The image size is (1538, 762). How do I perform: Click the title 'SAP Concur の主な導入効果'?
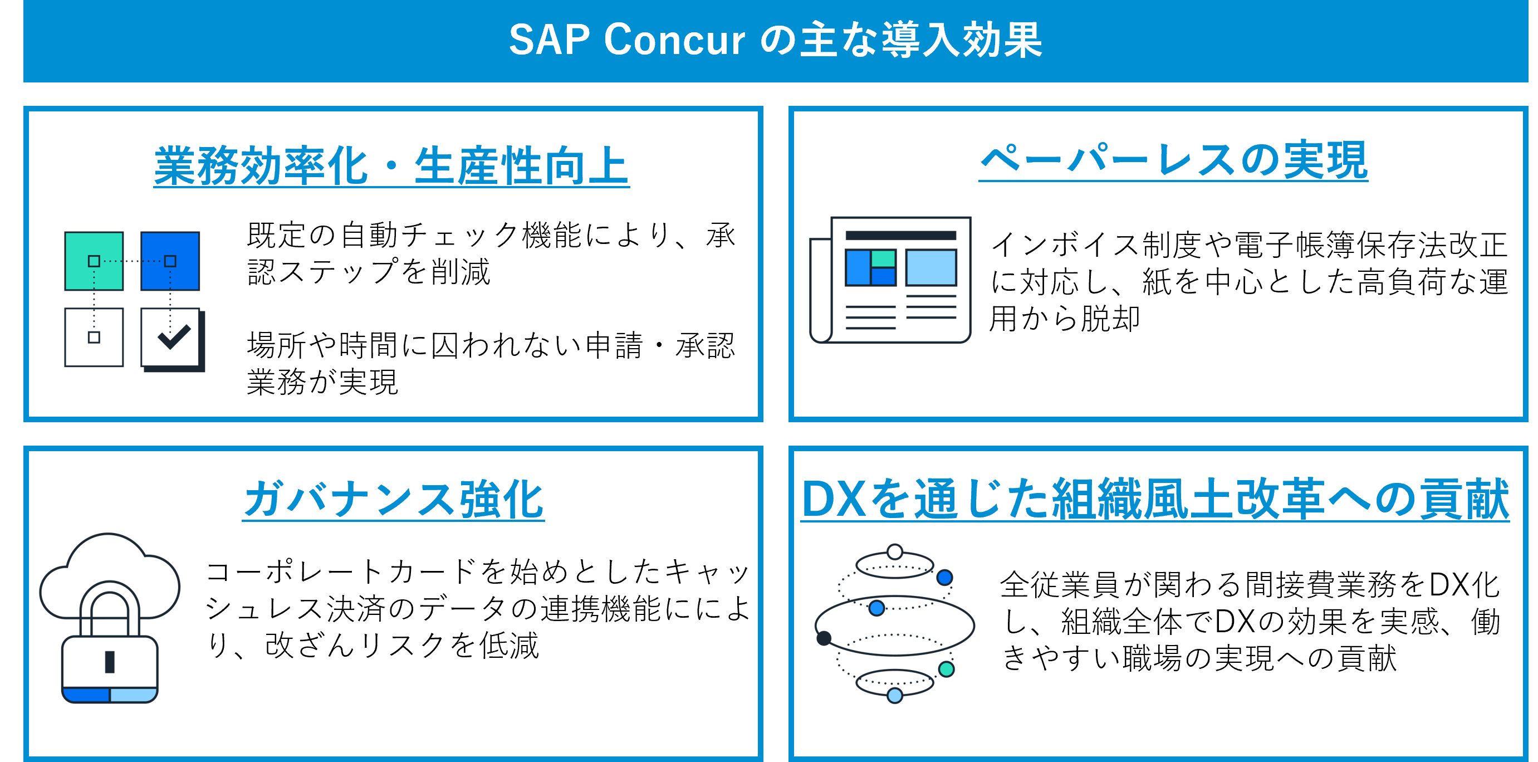(x=775, y=40)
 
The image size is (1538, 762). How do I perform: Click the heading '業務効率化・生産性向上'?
(x=391, y=166)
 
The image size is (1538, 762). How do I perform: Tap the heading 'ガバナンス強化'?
(x=394, y=499)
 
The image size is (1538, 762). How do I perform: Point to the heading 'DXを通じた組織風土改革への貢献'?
(x=1155, y=499)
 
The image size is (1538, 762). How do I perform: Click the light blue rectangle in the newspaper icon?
(x=931, y=267)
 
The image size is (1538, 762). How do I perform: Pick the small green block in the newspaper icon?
(x=883, y=258)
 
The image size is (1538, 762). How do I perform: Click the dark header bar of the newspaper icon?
(x=900, y=236)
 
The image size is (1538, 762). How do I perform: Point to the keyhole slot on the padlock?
(x=110, y=662)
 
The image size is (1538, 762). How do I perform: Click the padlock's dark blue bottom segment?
(x=85, y=695)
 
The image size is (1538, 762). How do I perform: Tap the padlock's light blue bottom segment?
(x=133, y=695)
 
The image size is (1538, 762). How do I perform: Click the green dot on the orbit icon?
(x=946, y=669)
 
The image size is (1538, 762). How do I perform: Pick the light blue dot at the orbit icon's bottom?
(x=894, y=695)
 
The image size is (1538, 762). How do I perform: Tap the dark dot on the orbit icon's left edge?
(x=824, y=638)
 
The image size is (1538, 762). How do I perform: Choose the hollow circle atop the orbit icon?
(x=894, y=551)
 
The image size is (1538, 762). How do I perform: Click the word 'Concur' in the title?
(x=675, y=40)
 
